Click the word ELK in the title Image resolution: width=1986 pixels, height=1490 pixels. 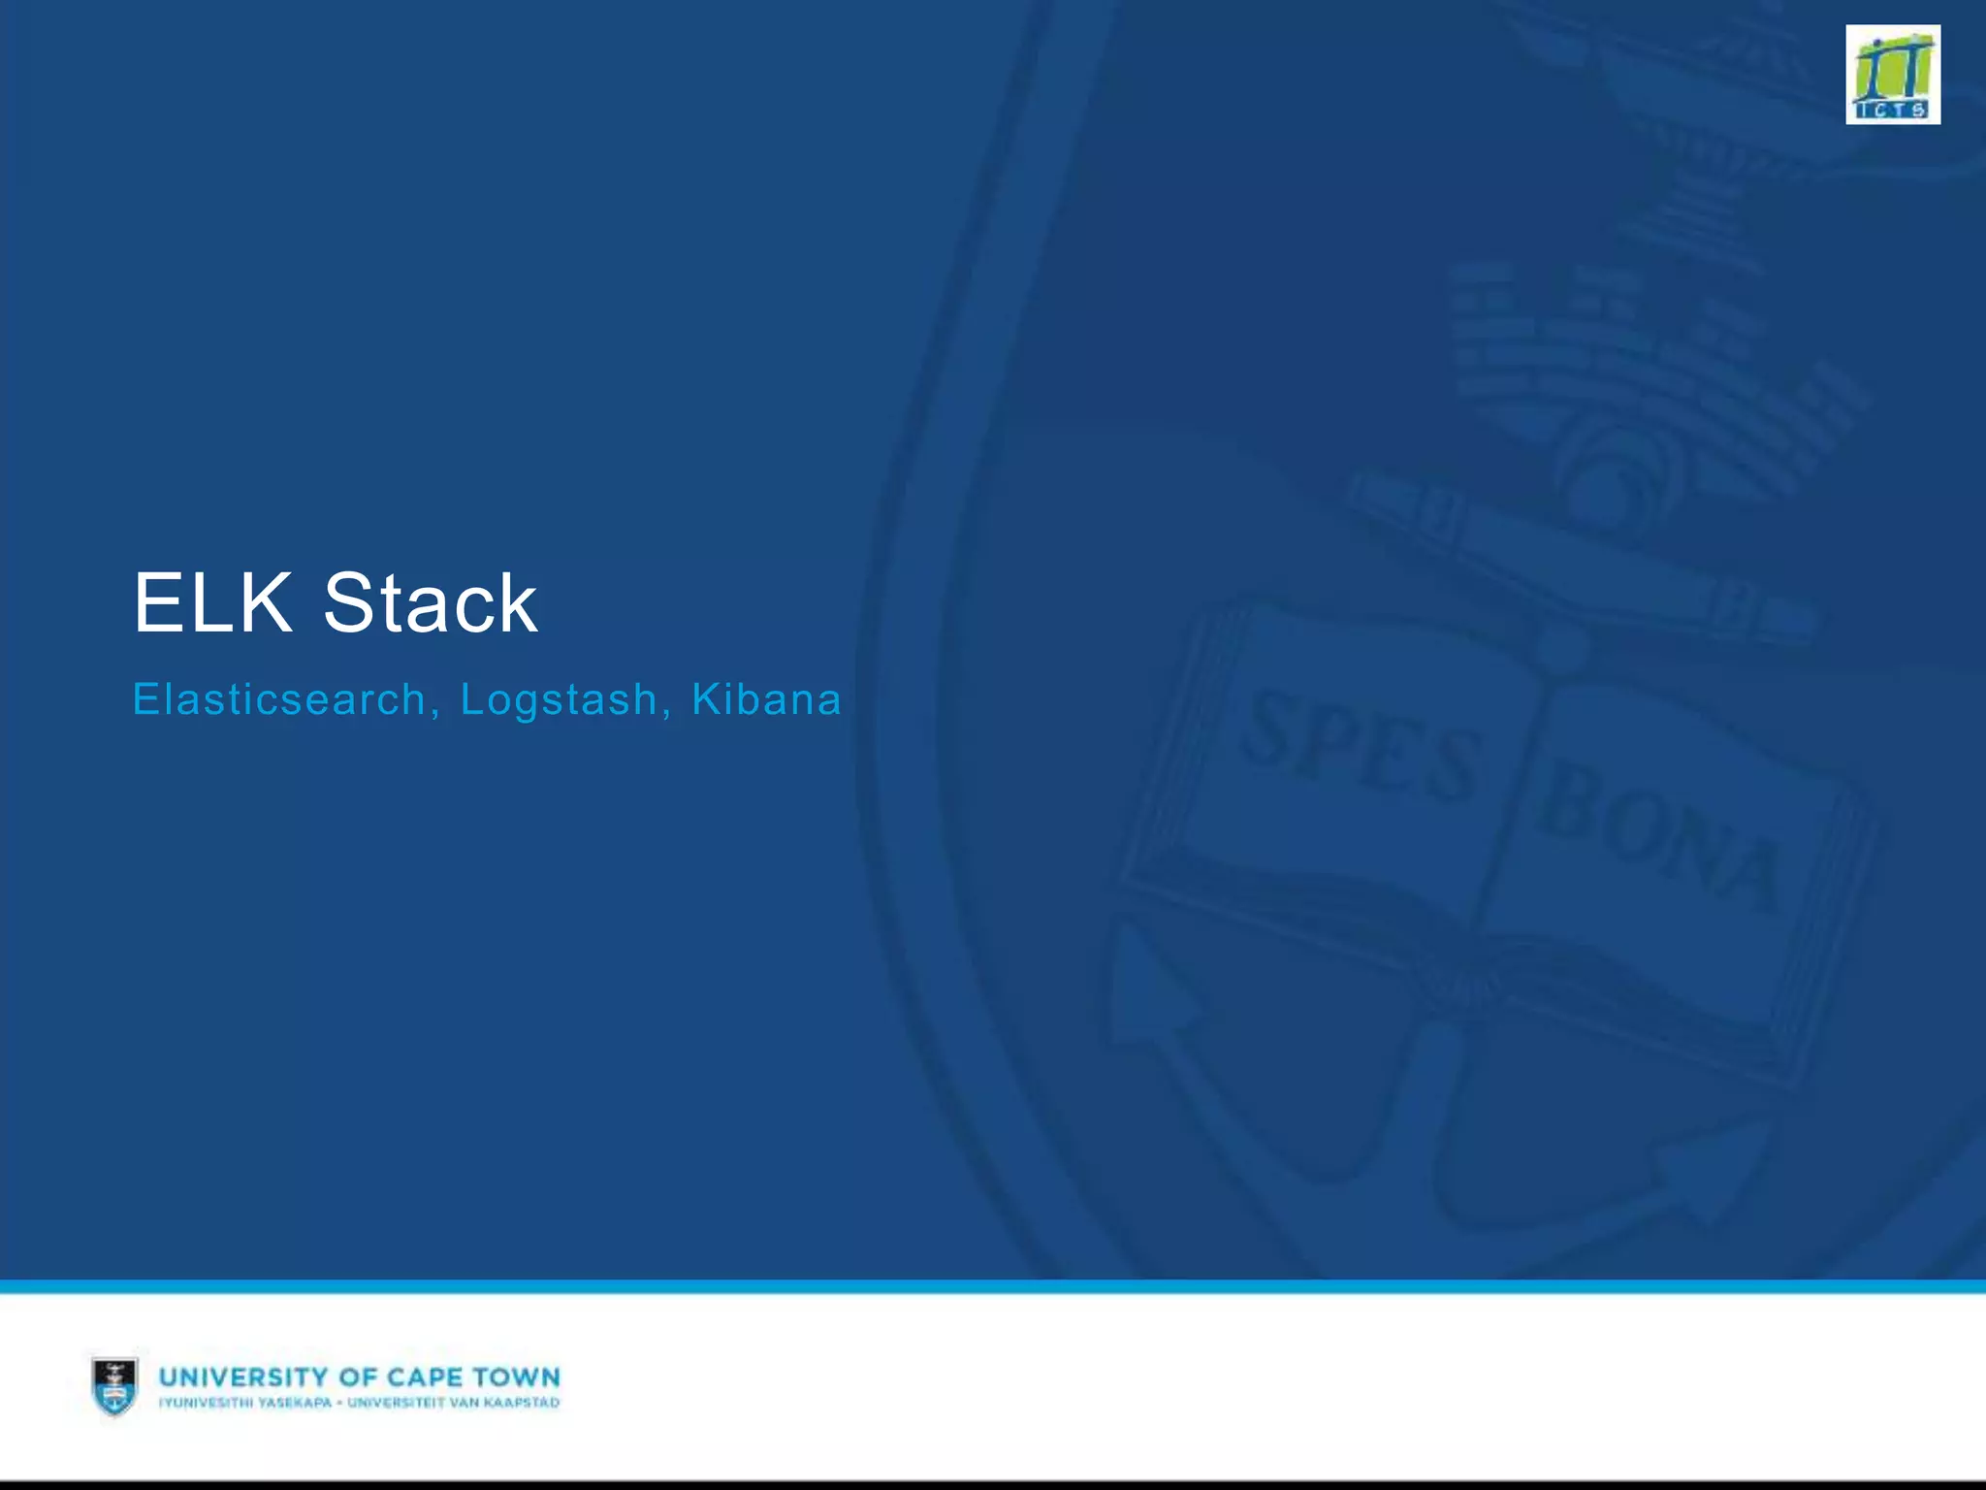pyautogui.click(x=212, y=603)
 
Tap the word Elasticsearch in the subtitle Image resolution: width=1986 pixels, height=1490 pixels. pyautogui.click(x=278, y=699)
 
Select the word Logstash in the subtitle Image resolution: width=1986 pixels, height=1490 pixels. pyautogui.click(x=559, y=699)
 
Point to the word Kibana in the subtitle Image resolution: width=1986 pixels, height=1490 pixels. pyautogui.click(x=766, y=699)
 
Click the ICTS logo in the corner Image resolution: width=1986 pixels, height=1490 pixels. pyautogui.click(x=1892, y=75)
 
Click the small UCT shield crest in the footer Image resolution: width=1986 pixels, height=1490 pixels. pyautogui.click(x=114, y=1385)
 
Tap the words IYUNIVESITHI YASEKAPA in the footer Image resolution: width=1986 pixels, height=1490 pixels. pyautogui.click(x=244, y=1403)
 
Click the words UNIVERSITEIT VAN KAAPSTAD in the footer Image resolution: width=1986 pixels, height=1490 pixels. pyautogui.click(x=453, y=1403)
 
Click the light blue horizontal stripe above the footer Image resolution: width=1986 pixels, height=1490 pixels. pyautogui.click(x=993, y=1286)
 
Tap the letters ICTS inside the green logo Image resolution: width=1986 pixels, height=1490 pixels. pyautogui.click(x=1892, y=110)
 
